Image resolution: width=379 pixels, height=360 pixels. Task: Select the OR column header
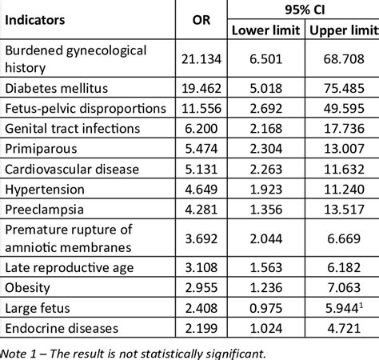coord(202,18)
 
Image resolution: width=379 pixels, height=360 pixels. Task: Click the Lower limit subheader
coord(266,30)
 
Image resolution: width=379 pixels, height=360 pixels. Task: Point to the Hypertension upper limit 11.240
coord(345,190)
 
